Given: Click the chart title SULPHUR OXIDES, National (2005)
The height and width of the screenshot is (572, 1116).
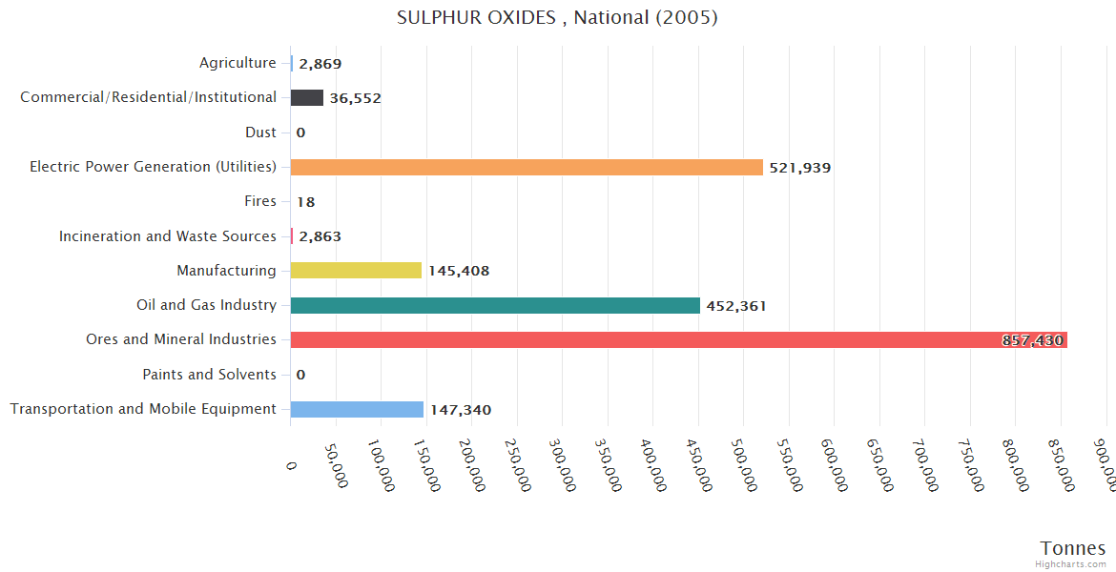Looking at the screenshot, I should [x=557, y=18].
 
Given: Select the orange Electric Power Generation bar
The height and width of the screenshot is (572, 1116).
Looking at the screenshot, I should [x=527, y=167].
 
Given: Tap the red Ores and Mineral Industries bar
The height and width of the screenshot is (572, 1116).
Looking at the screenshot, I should [x=668, y=339].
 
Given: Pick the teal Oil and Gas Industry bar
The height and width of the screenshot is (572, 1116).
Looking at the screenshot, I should [x=495, y=305].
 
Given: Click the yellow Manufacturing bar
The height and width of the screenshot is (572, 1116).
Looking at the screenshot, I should [x=356, y=271].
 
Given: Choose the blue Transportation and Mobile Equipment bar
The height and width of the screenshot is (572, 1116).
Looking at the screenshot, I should [x=357, y=409].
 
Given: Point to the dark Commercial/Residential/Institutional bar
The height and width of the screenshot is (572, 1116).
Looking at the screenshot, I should [x=307, y=97].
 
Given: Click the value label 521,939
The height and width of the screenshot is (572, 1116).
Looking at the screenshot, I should [x=800, y=168].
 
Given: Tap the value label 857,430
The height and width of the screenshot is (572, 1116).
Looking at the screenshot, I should [x=1032, y=340].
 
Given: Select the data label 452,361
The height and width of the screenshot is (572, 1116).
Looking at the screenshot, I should [x=736, y=306].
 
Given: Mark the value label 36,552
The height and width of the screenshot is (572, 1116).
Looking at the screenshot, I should [x=356, y=98].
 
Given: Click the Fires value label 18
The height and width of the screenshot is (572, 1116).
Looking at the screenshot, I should [x=305, y=202].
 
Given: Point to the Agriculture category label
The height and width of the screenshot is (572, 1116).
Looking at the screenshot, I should [x=238, y=63].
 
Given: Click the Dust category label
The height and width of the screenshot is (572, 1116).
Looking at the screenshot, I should [x=260, y=133].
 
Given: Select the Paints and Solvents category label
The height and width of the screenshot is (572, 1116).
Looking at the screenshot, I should [x=209, y=375].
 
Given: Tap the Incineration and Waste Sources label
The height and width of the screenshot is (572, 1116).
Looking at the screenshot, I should [x=168, y=235].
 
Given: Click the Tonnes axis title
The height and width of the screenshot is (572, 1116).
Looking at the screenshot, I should [x=1073, y=547].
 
